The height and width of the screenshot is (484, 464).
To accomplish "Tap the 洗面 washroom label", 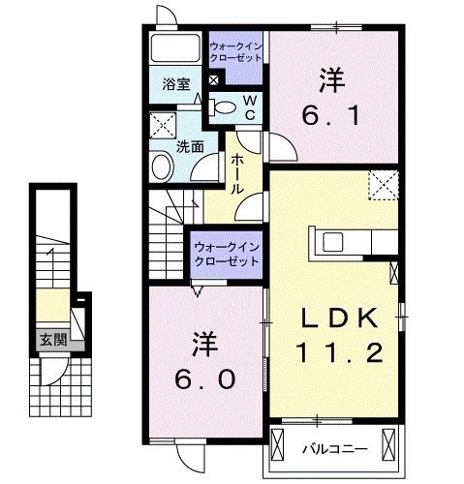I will click(190, 147).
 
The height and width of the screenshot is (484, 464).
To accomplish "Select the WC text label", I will click(248, 106).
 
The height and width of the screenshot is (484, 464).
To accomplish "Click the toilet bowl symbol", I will click(224, 107).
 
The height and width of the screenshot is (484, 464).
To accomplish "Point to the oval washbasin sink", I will click(163, 167).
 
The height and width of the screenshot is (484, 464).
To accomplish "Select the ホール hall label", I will click(236, 173).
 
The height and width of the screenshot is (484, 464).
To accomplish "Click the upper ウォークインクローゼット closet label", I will click(235, 50).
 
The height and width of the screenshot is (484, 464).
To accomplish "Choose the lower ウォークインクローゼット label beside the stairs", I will click(227, 255).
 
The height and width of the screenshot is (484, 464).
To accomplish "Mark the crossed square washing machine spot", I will click(162, 124).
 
